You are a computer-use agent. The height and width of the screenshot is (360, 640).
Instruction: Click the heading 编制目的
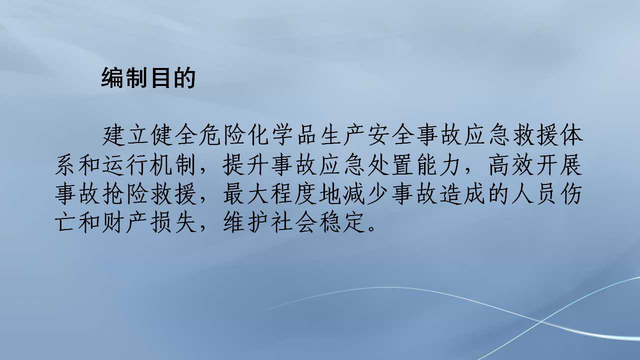click(148, 78)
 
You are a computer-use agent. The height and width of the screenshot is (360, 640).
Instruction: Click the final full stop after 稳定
click(371, 230)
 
